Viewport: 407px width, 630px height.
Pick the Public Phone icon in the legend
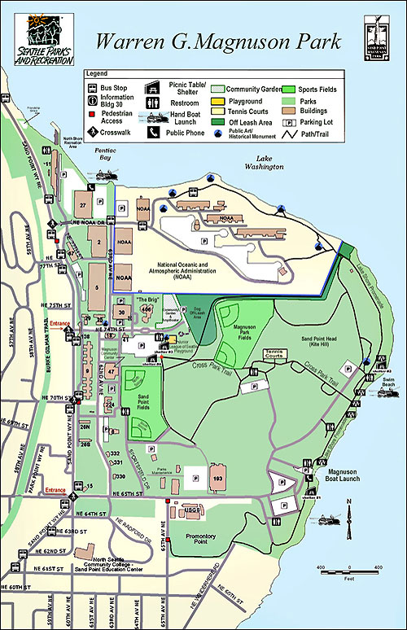pos(152,130)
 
